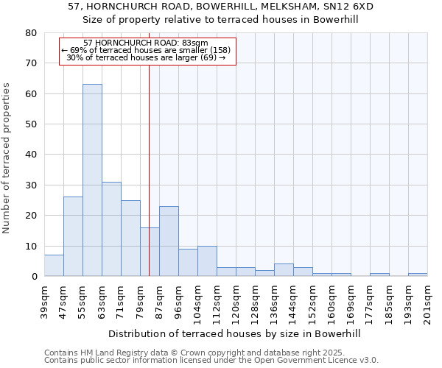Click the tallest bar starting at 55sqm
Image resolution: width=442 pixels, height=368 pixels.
tap(92, 180)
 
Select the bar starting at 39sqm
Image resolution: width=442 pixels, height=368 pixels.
tap(54, 266)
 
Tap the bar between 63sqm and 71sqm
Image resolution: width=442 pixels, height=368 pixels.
tap(111, 229)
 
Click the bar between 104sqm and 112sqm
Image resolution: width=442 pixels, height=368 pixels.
tap(207, 261)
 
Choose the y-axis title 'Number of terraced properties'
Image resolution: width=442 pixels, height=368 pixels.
tap(7, 158)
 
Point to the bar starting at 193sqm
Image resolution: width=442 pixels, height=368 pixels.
tap(418, 275)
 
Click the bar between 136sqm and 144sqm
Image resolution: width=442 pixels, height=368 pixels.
tap(284, 270)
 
